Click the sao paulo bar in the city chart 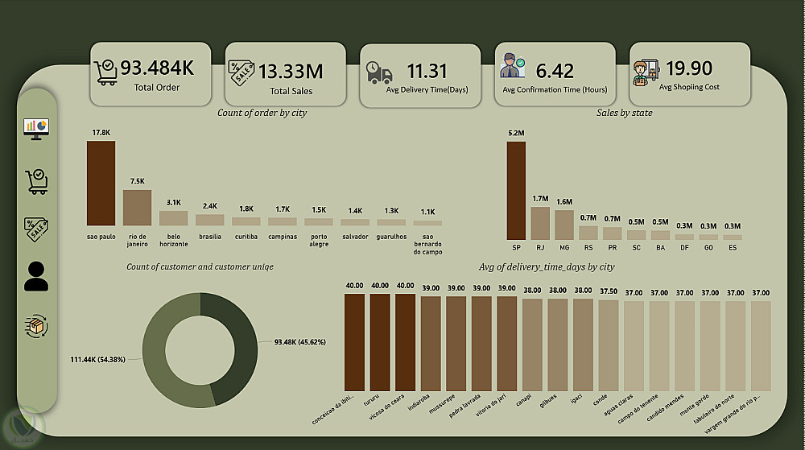(101, 184)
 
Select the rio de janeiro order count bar (137, 207)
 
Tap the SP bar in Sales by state (516, 191)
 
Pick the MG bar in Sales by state (564, 225)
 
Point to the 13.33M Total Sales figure (291, 72)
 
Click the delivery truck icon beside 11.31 (379, 72)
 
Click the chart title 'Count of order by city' (262, 114)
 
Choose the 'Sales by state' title (624, 114)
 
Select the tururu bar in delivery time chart (380, 342)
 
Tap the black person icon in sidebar (36, 276)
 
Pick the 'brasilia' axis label (210, 237)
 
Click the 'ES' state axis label (733, 249)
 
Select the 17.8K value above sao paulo (101, 132)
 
